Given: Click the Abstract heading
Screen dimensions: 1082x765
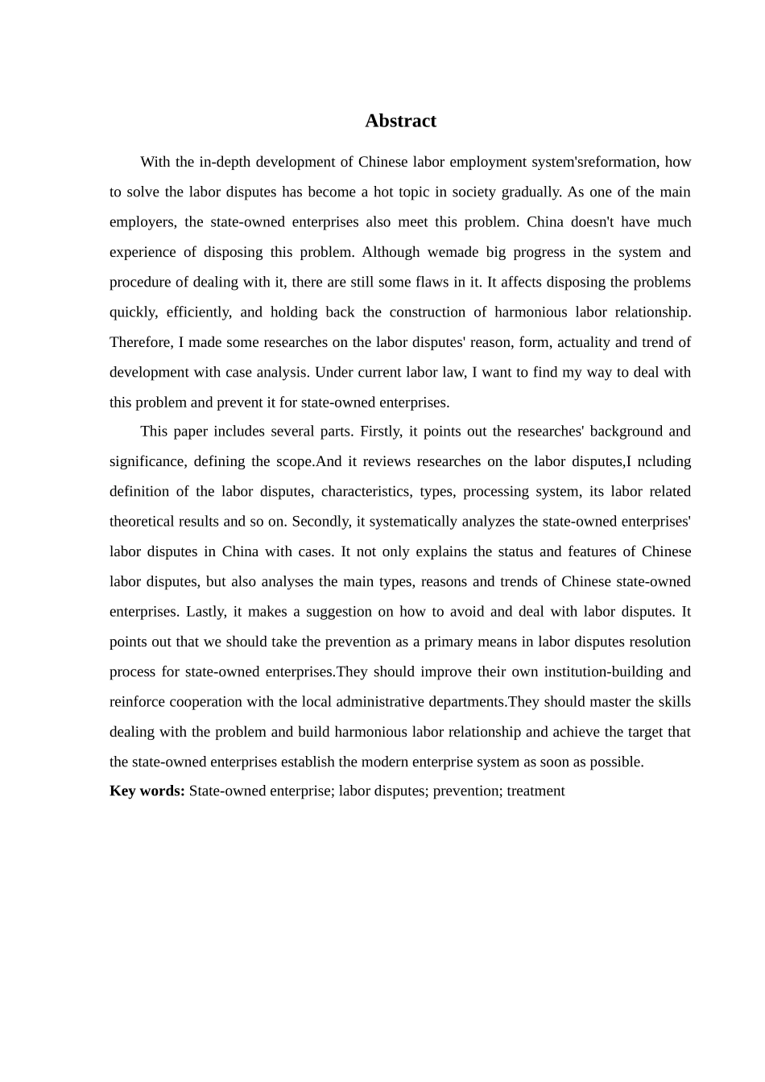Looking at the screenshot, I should (400, 121).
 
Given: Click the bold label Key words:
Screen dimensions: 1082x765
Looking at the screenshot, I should (147, 791).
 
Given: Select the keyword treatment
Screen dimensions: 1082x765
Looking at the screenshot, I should (535, 791).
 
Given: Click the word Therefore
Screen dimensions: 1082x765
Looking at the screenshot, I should (140, 342).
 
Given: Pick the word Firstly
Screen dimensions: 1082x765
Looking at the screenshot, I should (378, 431).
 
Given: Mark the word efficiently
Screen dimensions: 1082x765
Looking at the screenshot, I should (199, 312).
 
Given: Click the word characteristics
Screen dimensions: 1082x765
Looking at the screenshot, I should (364, 491).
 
